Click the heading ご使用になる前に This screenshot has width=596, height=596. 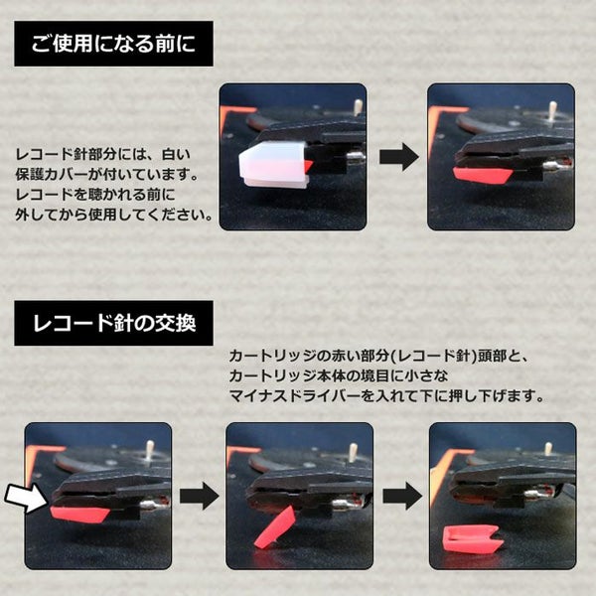(113, 44)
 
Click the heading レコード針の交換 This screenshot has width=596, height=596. (114, 323)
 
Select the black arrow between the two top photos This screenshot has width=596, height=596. (398, 157)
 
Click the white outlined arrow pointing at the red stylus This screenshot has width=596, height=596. (26, 498)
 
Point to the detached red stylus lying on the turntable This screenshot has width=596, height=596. (474, 538)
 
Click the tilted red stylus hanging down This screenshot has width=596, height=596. (275, 526)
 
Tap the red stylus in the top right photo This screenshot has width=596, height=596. (483, 176)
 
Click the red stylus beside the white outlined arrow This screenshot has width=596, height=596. (79, 515)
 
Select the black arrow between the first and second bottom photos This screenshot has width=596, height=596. (200, 496)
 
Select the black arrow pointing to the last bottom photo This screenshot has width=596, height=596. (402, 496)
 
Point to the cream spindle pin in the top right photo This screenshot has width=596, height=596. (552, 109)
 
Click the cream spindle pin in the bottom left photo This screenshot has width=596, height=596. (149, 449)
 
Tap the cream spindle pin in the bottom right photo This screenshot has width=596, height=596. (547, 450)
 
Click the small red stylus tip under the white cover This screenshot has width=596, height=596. (308, 165)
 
